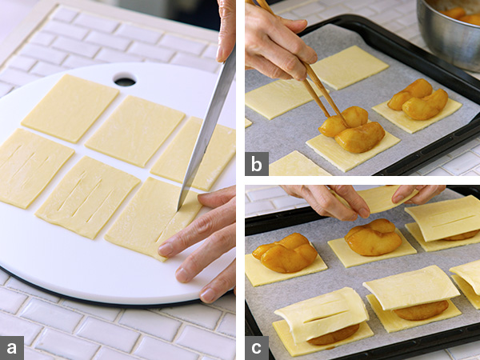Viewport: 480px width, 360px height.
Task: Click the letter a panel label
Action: point(10,348)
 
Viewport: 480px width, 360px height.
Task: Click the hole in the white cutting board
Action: point(125,80)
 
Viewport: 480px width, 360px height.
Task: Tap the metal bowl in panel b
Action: point(448,32)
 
